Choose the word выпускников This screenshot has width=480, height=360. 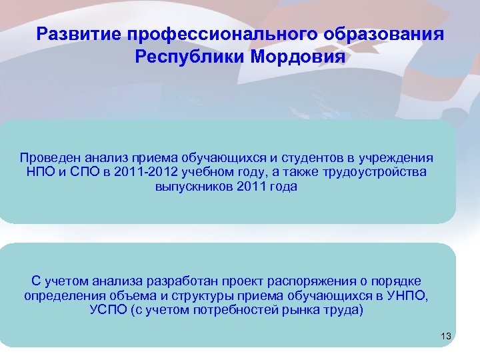pyautogui.click(x=193, y=187)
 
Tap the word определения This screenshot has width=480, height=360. pyautogui.click(x=63, y=296)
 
